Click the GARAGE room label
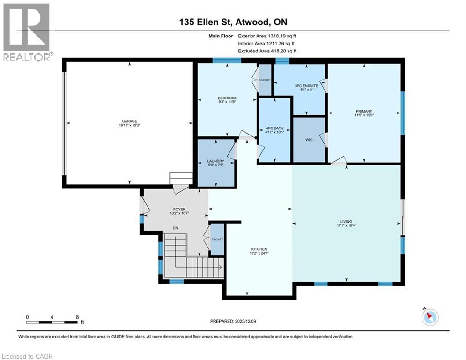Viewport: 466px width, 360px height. point(129,121)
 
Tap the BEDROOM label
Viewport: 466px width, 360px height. point(227,98)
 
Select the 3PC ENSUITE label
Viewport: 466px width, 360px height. point(306,86)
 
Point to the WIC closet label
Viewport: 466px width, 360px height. point(309,140)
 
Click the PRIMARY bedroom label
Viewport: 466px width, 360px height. point(364,111)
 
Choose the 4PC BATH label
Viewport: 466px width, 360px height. point(274,128)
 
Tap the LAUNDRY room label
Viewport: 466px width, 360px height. point(216,161)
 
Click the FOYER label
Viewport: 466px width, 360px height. point(179,210)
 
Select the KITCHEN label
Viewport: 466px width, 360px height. point(259,249)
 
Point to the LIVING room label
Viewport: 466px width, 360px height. point(346,222)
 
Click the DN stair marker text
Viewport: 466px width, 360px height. point(175,228)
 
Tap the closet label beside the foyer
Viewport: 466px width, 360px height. point(217,240)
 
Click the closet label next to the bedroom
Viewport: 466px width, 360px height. point(265,80)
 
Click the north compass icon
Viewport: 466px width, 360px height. point(430,316)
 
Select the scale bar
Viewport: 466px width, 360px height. point(52,322)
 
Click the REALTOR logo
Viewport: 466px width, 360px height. point(27,32)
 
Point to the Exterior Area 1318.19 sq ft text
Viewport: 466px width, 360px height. point(267,36)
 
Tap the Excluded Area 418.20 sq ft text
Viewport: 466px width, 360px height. point(267,51)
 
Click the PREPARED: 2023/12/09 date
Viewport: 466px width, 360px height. point(233,321)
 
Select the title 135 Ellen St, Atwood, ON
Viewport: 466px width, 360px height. point(233,22)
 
